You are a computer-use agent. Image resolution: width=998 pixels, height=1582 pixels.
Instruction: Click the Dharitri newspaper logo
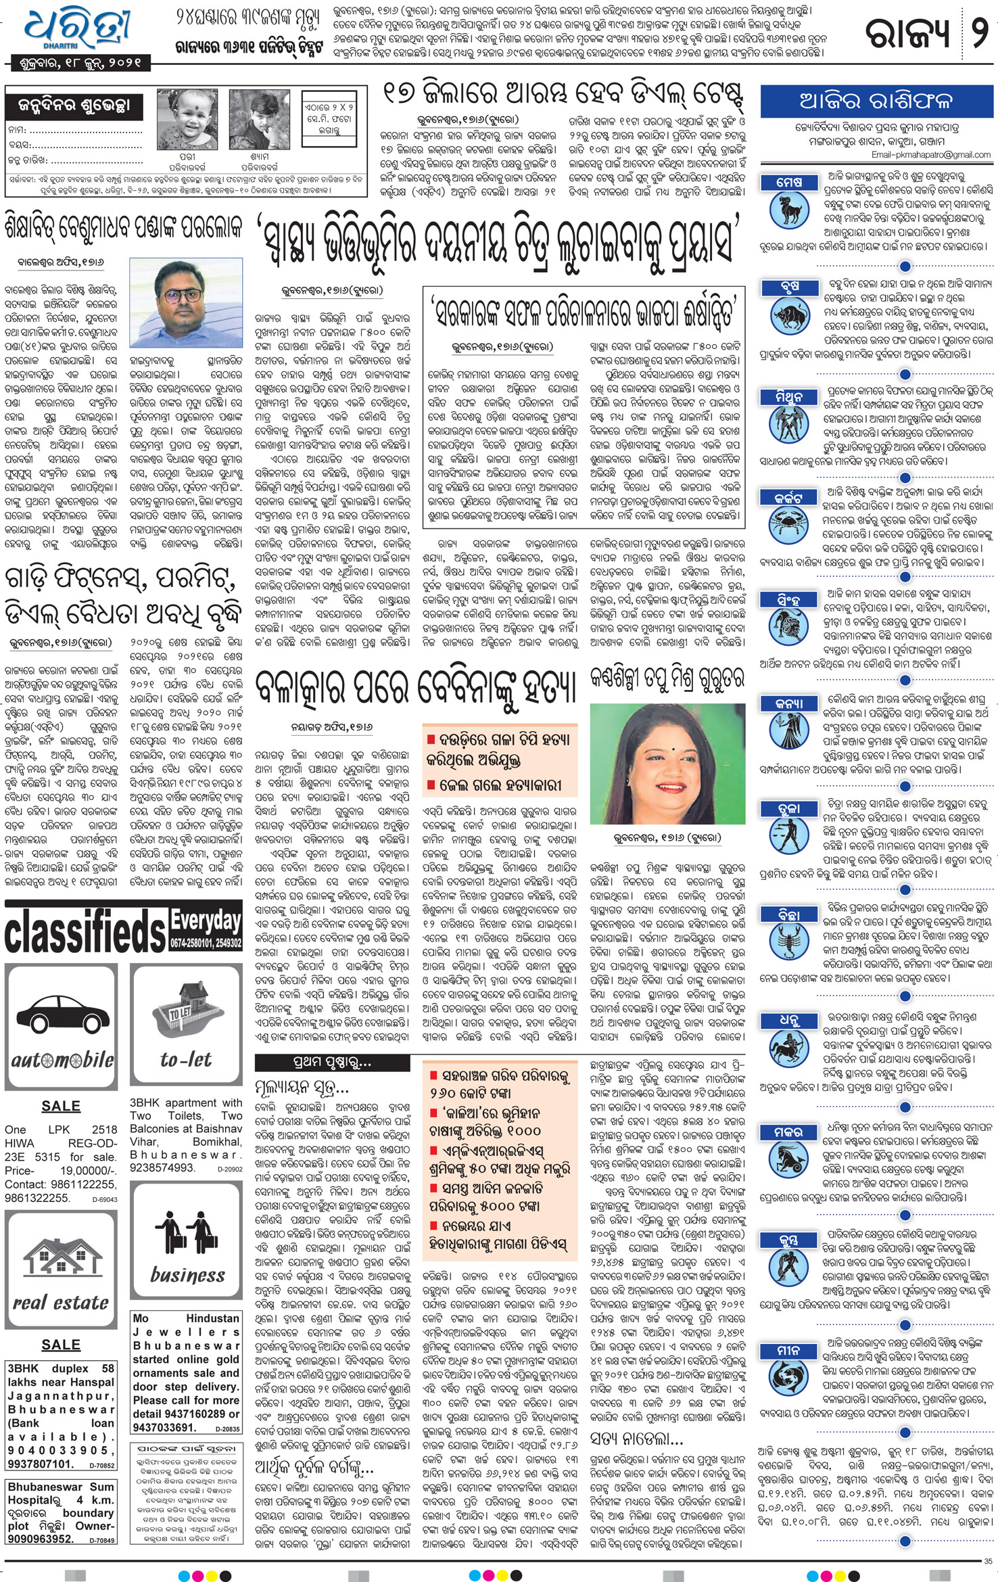pos(76,30)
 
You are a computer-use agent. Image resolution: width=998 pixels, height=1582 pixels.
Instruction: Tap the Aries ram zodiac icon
pos(789,208)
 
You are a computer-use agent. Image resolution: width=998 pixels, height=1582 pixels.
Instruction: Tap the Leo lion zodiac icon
pos(789,627)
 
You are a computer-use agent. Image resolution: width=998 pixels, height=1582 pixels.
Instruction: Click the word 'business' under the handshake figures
pos(187,1274)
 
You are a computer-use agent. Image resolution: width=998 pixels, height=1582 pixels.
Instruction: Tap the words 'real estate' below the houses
pos(61,1301)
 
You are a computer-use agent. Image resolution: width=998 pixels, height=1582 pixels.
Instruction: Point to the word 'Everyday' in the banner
pos(206,920)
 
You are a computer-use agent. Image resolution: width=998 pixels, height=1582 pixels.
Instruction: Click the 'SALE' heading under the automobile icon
pos(60,1106)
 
